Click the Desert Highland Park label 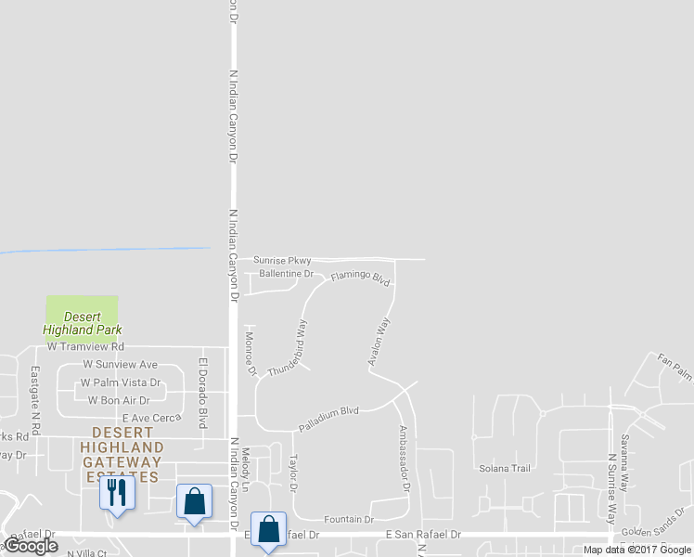[82, 323]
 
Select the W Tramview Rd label [86, 347]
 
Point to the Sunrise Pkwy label [282, 261]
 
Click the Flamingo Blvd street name [360, 277]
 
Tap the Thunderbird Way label [288, 348]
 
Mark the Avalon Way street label [380, 341]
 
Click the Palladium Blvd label [328, 419]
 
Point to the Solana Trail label [504, 469]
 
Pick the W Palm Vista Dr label [121, 382]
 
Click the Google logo [31, 546]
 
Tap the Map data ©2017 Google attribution [637, 550]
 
